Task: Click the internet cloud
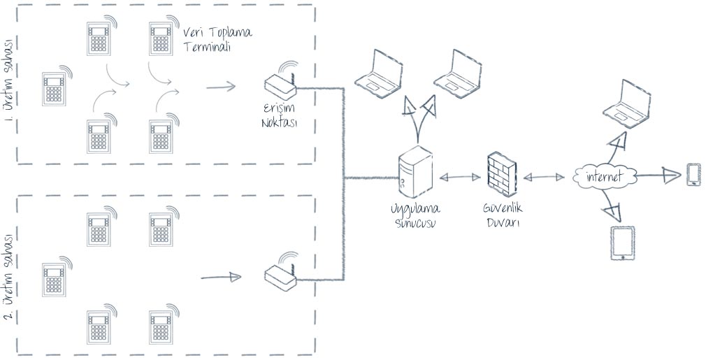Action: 603,178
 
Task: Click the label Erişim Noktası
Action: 280,117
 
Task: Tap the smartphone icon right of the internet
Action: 693,175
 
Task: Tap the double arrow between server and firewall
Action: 458,177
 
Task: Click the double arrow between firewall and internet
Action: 544,177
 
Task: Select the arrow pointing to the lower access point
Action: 221,278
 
